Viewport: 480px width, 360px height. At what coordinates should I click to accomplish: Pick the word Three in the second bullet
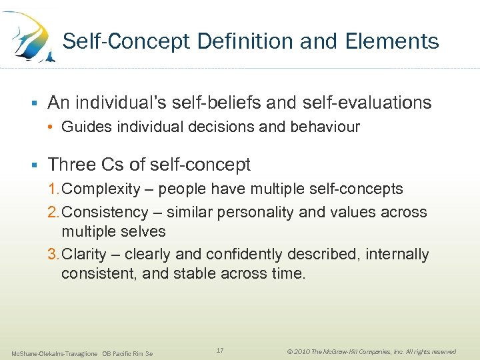click(x=71, y=164)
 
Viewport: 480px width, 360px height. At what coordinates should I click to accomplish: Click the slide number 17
click(x=220, y=350)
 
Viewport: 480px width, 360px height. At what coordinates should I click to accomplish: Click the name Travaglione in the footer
click(x=81, y=353)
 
